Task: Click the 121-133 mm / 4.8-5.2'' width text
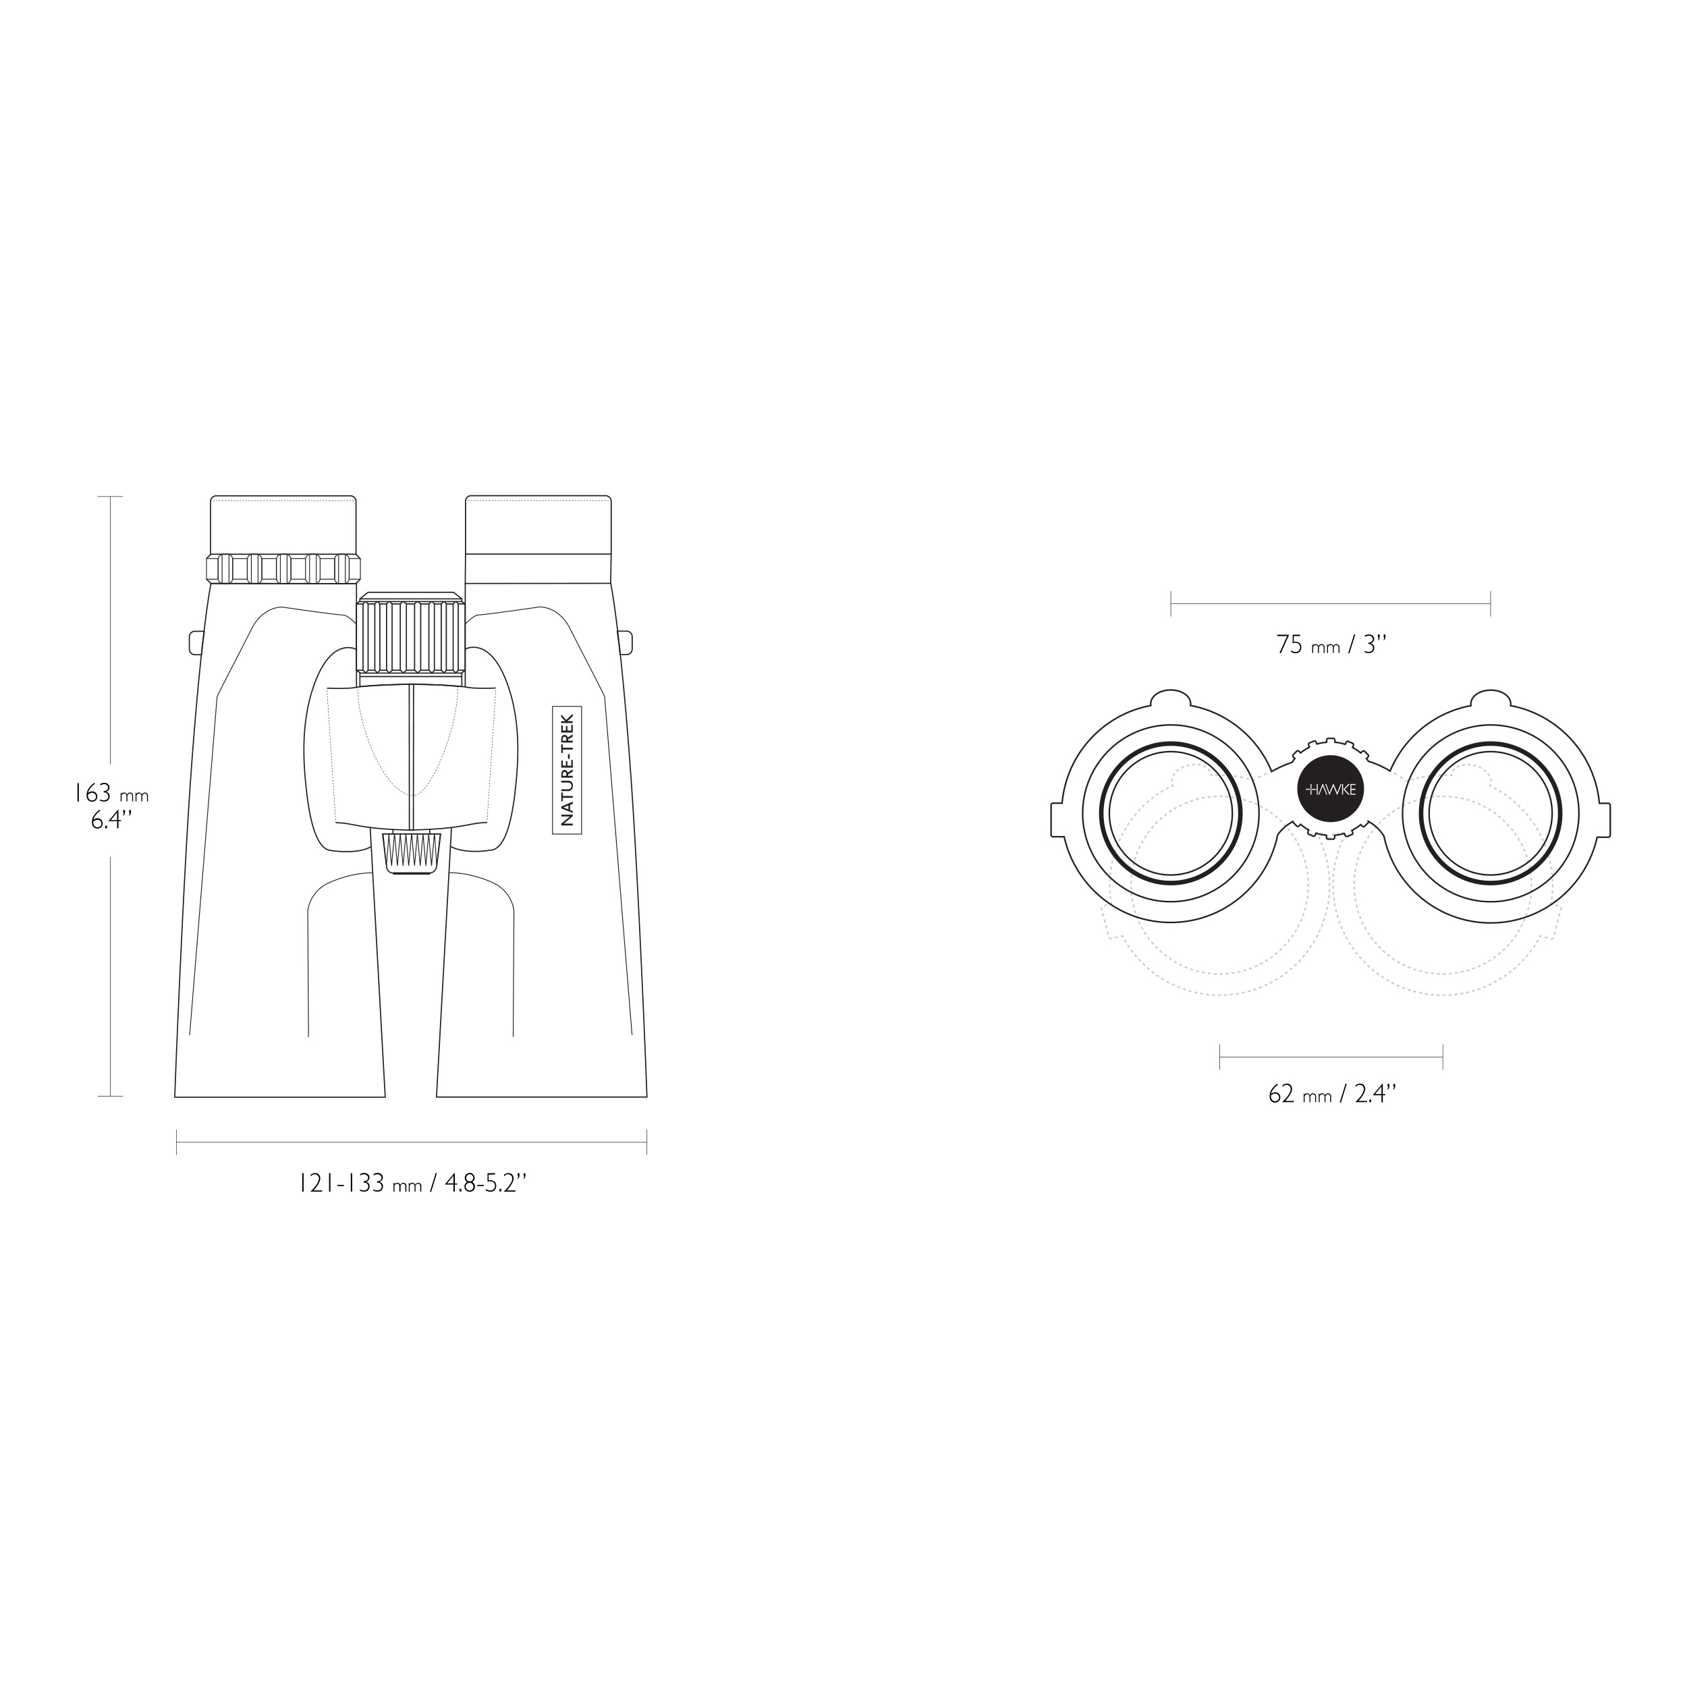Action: coord(411,1184)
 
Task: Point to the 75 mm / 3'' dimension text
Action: coord(1331,644)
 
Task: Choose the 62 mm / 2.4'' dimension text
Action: coord(1331,1093)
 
